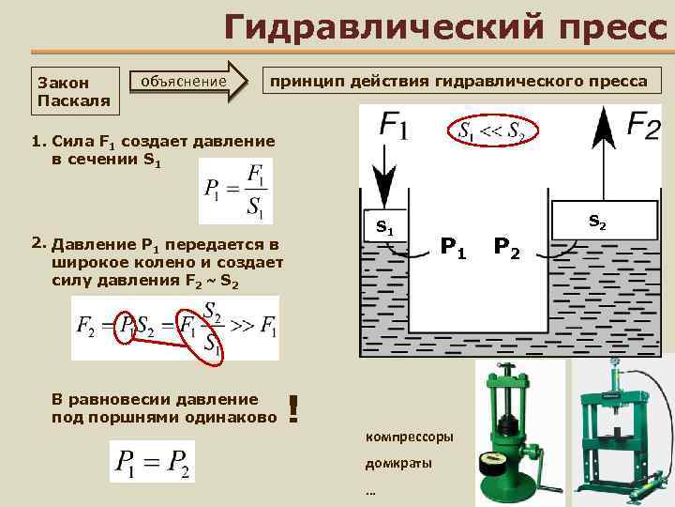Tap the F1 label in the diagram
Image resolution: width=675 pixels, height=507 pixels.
coord(395,125)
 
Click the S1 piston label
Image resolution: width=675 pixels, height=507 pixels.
coord(384,226)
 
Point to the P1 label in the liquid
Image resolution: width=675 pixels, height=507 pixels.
coord(454,248)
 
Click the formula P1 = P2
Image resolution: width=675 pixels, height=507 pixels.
coord(153,460)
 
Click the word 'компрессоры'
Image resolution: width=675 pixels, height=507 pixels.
coord(408,437)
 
